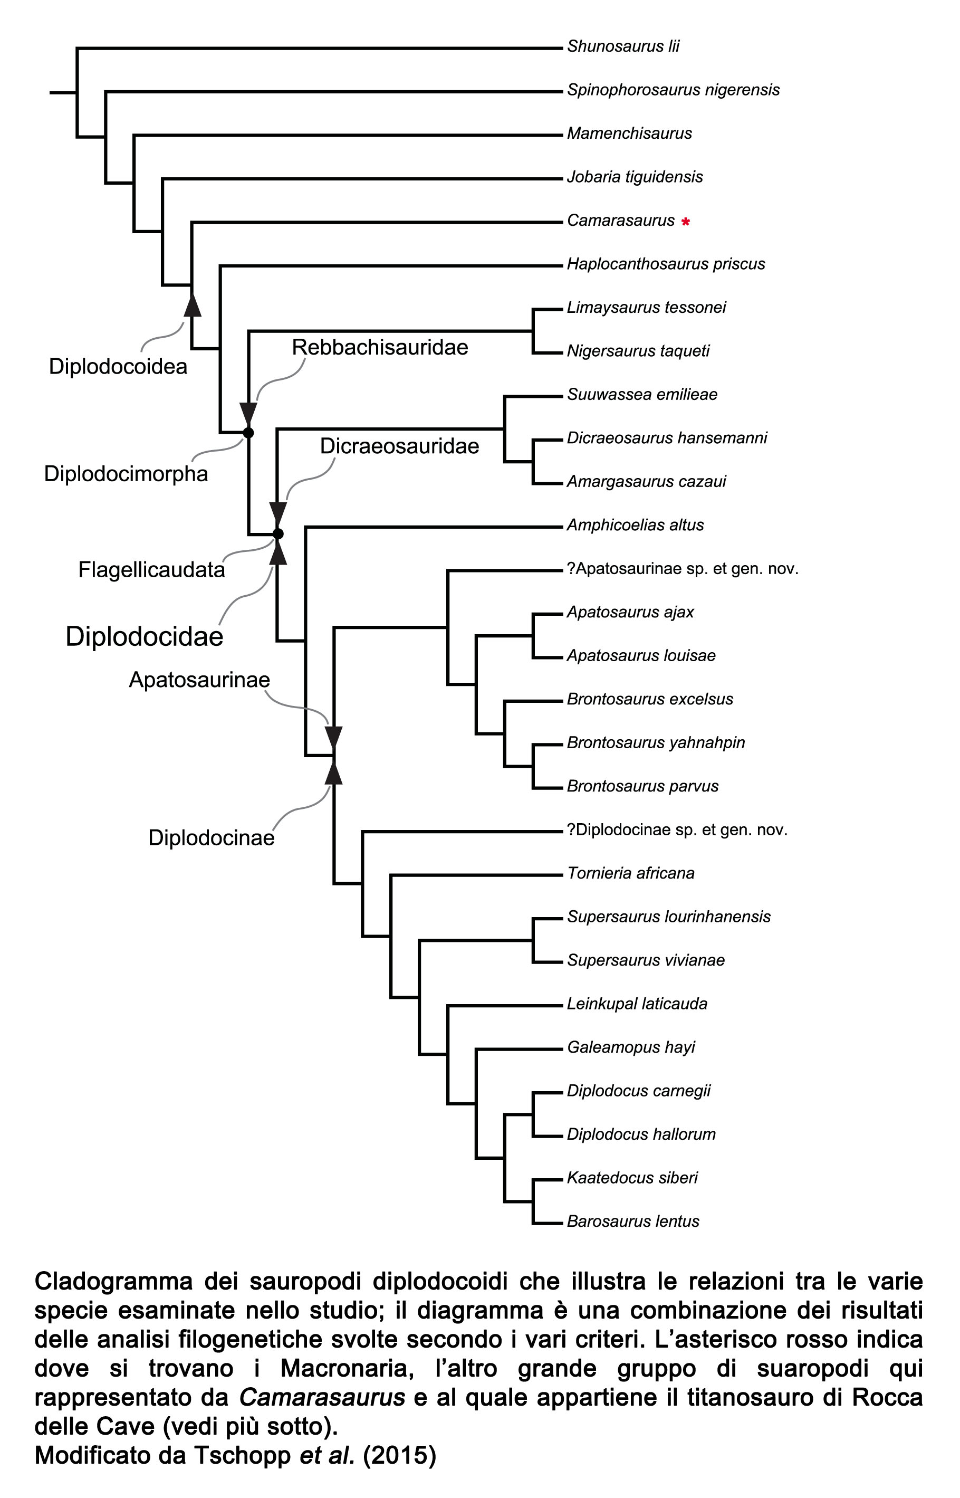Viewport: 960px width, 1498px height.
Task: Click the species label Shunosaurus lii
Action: coord(623,46)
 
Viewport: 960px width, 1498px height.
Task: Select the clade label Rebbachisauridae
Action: coord(380,347)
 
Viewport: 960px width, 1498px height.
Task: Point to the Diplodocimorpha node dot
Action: coord(248,432)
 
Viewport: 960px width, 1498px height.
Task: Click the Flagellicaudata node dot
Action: coord(278,533)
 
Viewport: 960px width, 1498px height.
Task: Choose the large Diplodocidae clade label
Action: coord(145,636)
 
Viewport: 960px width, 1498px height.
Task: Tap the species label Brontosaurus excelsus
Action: coord(649,699)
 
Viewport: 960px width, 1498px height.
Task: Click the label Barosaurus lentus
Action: coord(633,1220)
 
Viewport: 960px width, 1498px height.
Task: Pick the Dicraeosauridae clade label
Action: coord(400,446)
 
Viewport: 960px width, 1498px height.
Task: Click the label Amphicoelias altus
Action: coord(635,525)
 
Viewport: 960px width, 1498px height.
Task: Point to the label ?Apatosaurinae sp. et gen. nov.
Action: coord(683,568)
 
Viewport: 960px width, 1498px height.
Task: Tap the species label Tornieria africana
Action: coord(630,873)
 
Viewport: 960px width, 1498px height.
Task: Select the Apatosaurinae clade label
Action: coord(199,680)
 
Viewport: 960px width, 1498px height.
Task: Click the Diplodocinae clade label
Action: coord(212,837)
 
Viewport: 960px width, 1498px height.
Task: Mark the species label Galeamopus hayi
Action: coord(631,1047)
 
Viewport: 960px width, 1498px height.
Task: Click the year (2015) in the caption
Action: coord(400,1455)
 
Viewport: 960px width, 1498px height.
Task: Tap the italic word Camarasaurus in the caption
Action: coord(322,1397)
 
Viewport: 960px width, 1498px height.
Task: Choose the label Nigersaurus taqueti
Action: coord(638,351)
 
